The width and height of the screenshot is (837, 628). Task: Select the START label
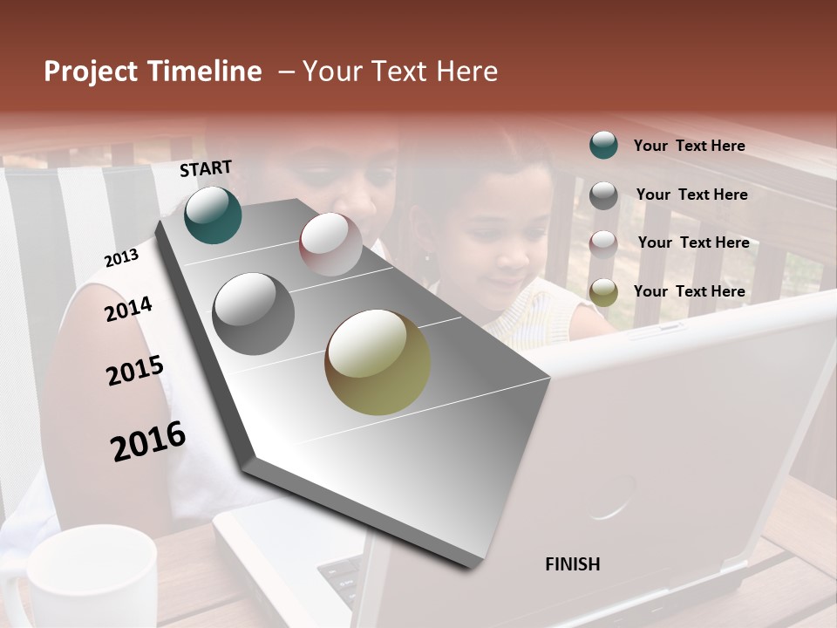pyautogui.click(x=206, y=168)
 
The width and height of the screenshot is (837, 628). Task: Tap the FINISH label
pyautogui.click(x=572, y=564)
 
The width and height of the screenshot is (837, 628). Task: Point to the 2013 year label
pyautogui.click(x=121, y=257)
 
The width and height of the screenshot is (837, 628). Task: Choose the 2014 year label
pyautogui.click(x=128, y=309)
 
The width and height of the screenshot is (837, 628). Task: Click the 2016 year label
pyautogui.click(x=148, y=440)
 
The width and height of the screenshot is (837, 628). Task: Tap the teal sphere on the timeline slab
pyautogui.click(x=213, y=215)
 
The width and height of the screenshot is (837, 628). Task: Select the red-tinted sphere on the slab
pyautogui.click(x=330, y=243)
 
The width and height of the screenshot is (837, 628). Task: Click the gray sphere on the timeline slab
pyautogui.click(x=253, y=313)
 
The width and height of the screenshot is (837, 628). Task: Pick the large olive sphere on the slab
pyautogui.click(x=378, y=362)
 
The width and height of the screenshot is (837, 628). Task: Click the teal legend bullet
pyautogui.click(x=603, y=145)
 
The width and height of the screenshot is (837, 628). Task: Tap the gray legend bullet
pyautogui.click(x=603, y=195)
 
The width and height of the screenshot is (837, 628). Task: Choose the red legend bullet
pyautogui.click(x=603, y=243)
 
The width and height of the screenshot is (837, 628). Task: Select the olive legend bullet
pyautogui.click(x=603, y=292)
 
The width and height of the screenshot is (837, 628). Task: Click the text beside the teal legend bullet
pyautogui.click(x=689, y=147)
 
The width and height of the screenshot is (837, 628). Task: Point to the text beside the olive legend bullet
pyautogui.click(x=689, y=291)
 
